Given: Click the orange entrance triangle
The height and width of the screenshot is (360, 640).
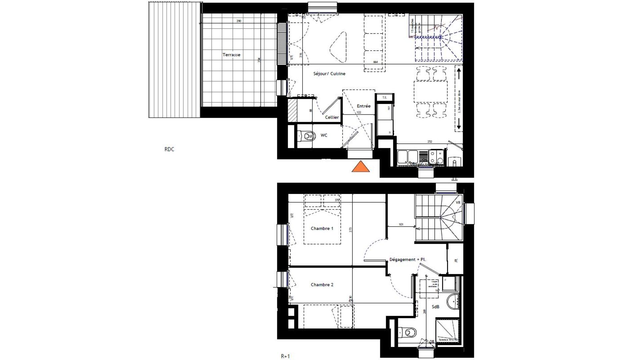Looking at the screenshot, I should pyautogui.click(x=361, y=166).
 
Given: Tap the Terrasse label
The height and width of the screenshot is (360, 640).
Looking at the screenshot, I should pyautogui.click(x=231, y=55).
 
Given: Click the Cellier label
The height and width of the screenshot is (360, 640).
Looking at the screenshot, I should pyautogui.click(x=332, y=117).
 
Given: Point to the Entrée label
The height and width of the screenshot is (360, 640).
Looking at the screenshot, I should pyautogui.click(x=363, y=106).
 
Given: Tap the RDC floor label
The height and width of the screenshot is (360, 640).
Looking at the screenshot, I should pyautogui.click(x=169, y=149).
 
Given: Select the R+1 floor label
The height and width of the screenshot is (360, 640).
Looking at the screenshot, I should pyautogui.click(x=285, y=356).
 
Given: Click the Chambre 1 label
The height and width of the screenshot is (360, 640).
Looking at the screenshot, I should pyautogui.click(x=322, y=228).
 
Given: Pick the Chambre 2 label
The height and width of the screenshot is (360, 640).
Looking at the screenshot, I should pyautogui.click(x=322, y=285).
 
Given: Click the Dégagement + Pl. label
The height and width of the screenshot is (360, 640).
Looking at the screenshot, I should pyautogui.click(x=408, y=260).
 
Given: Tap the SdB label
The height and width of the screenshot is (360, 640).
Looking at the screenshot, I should pyautogui.click(x=436, y=307).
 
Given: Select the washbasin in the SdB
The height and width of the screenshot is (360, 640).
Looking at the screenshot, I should pyautogui.click(x=453, y=302).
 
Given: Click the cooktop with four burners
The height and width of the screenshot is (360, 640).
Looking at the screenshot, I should pyautogui.click(x=436, y=157).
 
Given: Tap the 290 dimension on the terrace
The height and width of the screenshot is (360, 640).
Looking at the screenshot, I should pyautogui.click(x=239, y=21).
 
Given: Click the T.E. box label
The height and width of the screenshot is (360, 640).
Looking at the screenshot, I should pyautogui.click(x=384, y=97).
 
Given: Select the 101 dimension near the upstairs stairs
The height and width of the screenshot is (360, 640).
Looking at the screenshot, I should pyautogui.click(x=401, y=224).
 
